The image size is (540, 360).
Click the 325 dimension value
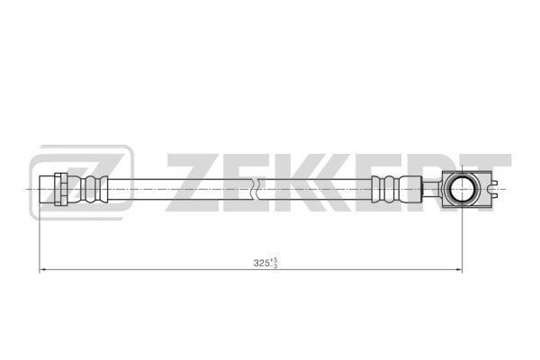(x=261, y=263)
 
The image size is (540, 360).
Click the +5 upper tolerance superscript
(x=274, y=260)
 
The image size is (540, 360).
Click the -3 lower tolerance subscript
(x=274, y=265)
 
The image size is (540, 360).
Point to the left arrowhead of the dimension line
(x=42, y=269)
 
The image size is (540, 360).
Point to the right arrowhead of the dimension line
(x=459, y=269)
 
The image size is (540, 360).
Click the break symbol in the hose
(x=255, y=189)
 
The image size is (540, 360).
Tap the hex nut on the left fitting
(x=61, y=189)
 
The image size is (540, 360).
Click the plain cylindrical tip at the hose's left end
(x=47, y=189)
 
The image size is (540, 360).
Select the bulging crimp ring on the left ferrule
(x=91, y=189)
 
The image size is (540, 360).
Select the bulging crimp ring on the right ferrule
(x=390, y=189)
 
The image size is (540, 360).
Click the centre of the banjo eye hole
(x=462, y=189)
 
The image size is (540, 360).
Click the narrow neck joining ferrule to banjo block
(x=431, y=189)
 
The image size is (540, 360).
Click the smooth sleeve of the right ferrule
(x=409, y=189)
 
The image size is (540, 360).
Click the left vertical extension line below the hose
(x=40, y=238)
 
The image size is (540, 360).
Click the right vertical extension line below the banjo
(x=462, y=238)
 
